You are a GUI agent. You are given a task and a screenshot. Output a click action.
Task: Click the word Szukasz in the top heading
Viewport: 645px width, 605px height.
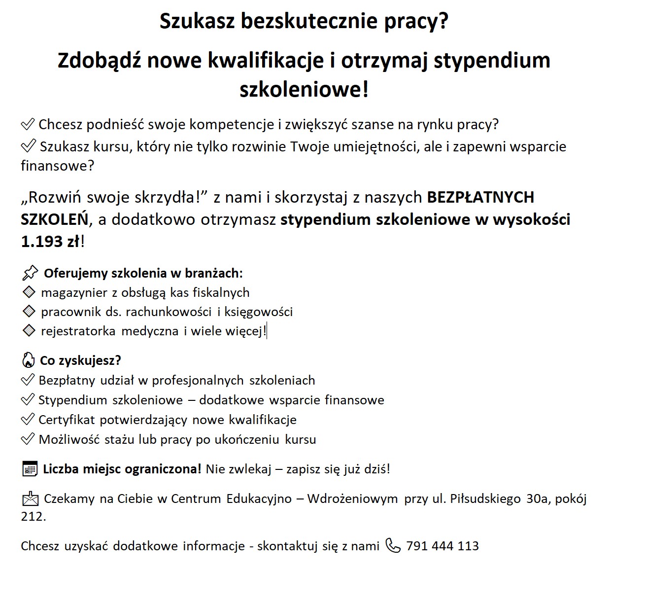click(x=197, y=22)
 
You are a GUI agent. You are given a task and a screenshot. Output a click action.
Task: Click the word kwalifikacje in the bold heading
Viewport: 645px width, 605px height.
click(x=266, y=61)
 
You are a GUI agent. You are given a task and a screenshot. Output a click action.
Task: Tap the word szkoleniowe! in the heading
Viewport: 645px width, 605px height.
click(x=304, y=90)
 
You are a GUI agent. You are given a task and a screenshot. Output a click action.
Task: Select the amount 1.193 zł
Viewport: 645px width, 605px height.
click(x=50, y=242)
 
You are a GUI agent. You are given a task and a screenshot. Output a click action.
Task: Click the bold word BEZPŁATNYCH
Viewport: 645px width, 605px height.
click(x=480, y=197)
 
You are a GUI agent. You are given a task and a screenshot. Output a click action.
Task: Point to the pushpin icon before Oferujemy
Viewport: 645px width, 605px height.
click(x=30, y=273)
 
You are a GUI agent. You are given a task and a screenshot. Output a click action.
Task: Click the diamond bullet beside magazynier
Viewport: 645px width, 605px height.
click(x=29, y=292)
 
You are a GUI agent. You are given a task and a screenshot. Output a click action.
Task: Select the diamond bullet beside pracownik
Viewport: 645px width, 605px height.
click(x=29, y=312)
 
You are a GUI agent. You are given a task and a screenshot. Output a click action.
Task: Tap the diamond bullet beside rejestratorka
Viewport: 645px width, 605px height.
click(x=29, y=331)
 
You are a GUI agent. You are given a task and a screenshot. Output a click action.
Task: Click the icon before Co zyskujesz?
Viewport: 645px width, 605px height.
click(x=28, y=360)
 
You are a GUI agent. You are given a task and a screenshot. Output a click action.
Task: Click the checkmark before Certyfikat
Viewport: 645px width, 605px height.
click(x=28, y=420)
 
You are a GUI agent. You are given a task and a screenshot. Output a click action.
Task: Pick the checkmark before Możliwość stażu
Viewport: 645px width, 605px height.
click(x=28, y=439)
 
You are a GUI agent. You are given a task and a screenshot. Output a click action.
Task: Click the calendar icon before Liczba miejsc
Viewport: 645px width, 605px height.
click(x=30, y=469)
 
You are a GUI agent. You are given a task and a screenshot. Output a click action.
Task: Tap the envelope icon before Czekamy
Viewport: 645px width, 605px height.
click(x=30, y=499)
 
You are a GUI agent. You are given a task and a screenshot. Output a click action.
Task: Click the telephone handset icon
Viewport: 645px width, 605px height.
click(x=393, y=546)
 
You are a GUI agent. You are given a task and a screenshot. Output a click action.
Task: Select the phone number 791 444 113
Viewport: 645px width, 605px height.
click(x=442, y=546)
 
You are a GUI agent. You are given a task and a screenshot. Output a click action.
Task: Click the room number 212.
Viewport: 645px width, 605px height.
click(x=33, y=517)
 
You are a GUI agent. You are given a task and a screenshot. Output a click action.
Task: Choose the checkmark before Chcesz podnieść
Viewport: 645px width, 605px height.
click(x=28, y=124)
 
